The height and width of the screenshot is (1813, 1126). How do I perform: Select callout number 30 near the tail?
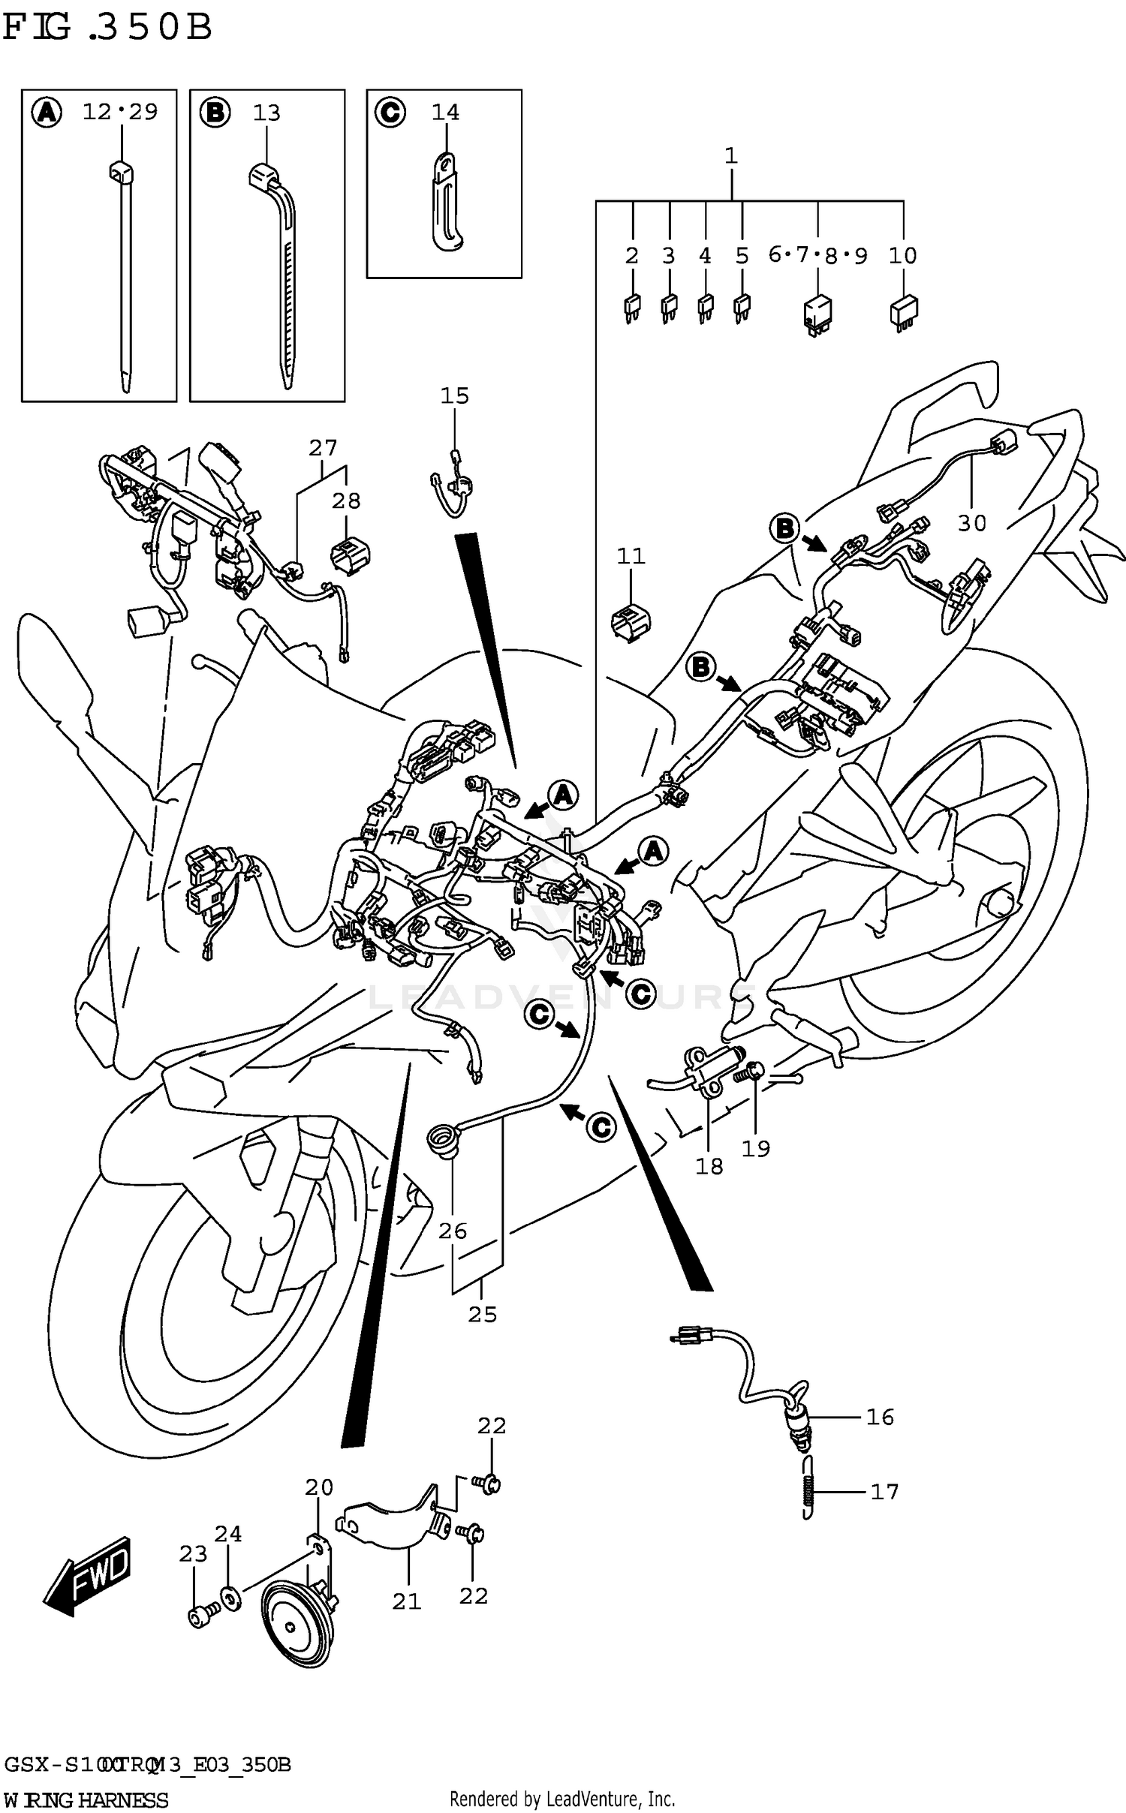971,523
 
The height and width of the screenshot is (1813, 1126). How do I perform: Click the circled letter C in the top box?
390,113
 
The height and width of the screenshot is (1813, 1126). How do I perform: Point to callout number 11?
631,556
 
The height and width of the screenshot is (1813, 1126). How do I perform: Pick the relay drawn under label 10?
904,312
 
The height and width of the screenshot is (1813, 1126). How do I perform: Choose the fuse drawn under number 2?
631,308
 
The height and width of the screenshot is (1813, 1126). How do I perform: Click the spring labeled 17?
807,1493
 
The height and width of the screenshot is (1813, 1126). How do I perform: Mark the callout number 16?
880,1417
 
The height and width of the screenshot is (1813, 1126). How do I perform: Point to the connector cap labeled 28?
350,557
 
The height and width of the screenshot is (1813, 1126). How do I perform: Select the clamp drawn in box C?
447,203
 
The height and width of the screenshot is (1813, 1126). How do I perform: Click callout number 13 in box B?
266,113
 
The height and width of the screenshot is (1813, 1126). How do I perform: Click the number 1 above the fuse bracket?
730,156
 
